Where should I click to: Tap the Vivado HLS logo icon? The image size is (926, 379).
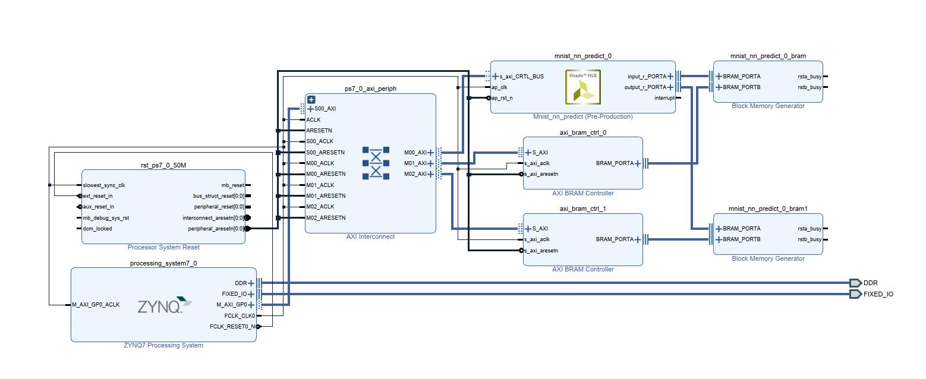(583, 87)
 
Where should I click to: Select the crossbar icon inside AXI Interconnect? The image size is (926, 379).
(376, 163)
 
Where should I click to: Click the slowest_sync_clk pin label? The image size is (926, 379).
(104, 185)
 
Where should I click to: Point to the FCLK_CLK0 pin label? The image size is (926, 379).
(240, 316)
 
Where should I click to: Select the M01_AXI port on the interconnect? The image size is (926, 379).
(415, 163)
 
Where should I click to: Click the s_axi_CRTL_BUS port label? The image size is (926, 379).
(521, 77)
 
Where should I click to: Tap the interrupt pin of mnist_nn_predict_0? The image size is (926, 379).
(664, 98)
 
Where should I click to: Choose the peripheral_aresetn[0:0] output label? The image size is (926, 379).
(216, 229)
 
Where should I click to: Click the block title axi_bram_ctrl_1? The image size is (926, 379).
(582, 209)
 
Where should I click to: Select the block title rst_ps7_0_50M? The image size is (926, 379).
(163, 165)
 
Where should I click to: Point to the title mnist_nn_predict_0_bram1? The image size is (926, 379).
(768, 209)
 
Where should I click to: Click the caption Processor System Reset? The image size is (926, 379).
(163, 247)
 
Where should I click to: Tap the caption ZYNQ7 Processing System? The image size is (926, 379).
(163, 345)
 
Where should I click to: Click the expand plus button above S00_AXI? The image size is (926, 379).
(311, 100)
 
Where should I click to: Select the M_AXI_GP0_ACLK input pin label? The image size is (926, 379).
(96, 305)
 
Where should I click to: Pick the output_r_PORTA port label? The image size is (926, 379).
(646, 87)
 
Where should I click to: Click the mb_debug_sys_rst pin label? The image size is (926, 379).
(106, 218)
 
